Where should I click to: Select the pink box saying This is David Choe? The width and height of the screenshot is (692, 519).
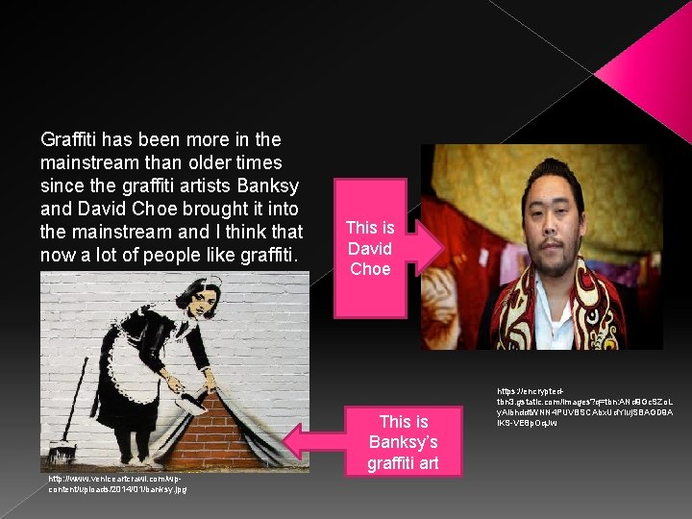pos(370,248)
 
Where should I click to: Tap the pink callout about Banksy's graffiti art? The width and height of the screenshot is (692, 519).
pos(403,442)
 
